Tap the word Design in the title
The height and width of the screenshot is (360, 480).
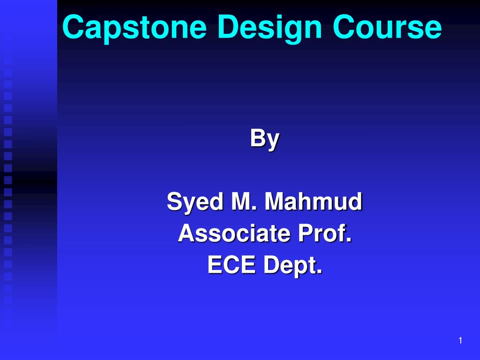(270, 28)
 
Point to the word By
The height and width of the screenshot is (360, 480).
(264, 139)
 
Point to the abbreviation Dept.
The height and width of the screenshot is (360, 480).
(292, 266)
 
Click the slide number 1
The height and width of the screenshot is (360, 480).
(460, 341)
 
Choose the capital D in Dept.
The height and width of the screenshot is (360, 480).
(270, 265)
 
